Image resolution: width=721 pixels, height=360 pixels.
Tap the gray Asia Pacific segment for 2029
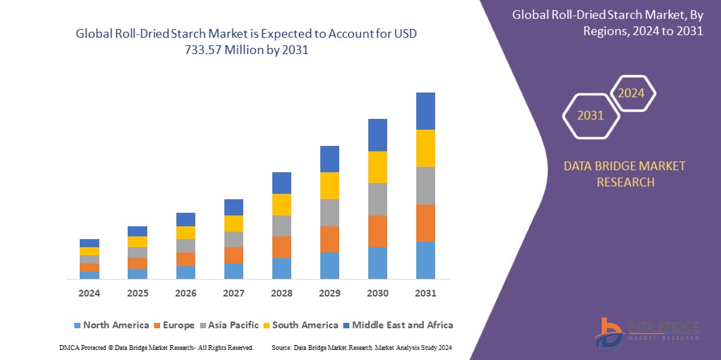(329, 212)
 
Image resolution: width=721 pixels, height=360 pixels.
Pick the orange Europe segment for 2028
(281, 247)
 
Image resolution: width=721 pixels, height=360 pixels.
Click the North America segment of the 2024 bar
(89, 275)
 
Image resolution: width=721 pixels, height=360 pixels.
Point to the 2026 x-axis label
(185, 293)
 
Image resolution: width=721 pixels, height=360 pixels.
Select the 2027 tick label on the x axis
(233, 293)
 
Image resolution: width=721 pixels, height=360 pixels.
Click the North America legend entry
(111, 325)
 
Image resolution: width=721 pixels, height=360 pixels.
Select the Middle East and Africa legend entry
(397, 325)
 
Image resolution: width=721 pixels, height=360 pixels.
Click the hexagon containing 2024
(632, 93)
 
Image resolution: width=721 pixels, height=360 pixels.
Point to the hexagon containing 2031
(591, 115)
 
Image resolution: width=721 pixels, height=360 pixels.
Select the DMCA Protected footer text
(156, 347)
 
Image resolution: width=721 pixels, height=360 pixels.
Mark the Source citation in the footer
(361, 347)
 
